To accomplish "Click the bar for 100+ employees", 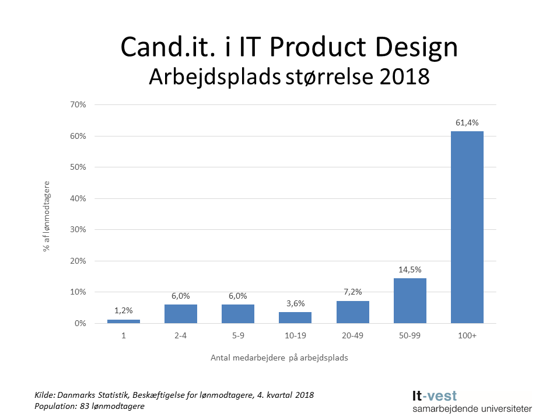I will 467,228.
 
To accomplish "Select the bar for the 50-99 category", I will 409,300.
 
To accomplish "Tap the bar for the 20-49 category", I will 352,312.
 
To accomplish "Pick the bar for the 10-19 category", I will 295,317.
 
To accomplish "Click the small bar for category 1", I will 124,321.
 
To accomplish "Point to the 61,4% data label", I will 467,123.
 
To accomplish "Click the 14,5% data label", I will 409,269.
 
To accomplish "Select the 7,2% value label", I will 352,292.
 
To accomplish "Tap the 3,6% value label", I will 295,303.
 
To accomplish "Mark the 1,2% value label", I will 124,311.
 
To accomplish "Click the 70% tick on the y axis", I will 78,105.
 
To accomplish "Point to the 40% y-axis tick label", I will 78,198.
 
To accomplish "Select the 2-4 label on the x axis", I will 181,337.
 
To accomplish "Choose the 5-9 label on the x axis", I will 238,337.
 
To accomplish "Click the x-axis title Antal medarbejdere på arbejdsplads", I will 279,358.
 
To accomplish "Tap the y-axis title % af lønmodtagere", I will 45,216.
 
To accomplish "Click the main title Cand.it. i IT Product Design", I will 289,48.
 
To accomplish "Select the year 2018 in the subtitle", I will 402,76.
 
